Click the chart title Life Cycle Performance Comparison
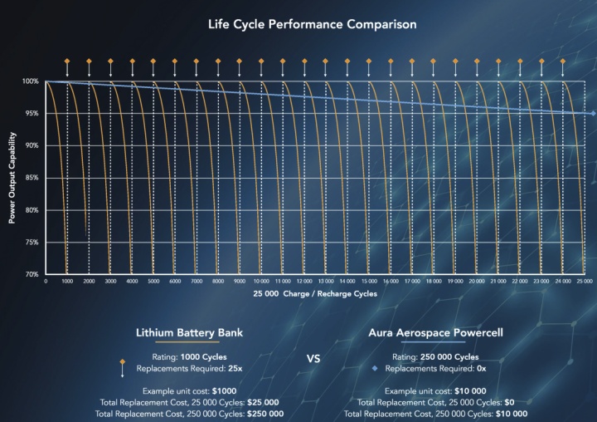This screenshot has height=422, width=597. click(312, 24)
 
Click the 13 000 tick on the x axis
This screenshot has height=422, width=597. click(327, 282)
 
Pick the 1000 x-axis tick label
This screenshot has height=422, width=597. click(67, 282)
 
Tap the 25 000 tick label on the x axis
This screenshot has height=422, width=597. click(585, 282)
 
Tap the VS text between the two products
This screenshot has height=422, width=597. click(313, 360)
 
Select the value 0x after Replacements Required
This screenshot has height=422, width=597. click(482, 367)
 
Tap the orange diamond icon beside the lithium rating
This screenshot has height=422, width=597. click(123, 362)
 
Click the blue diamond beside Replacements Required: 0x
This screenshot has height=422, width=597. click(375, 367)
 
